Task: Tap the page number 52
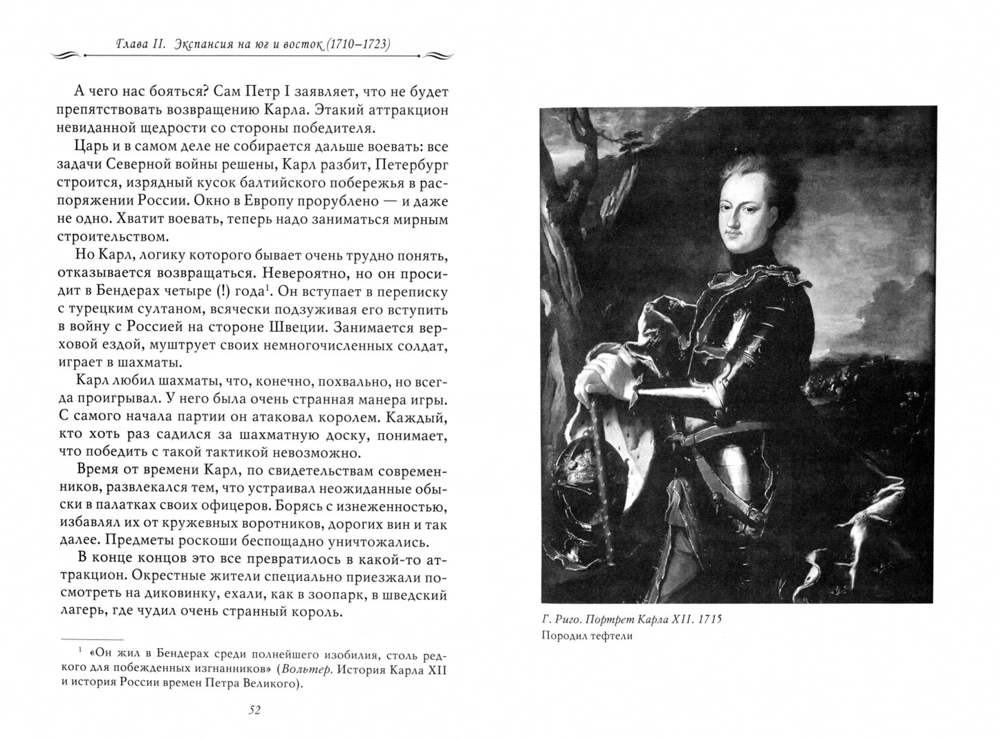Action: click(x=253, y=710)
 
